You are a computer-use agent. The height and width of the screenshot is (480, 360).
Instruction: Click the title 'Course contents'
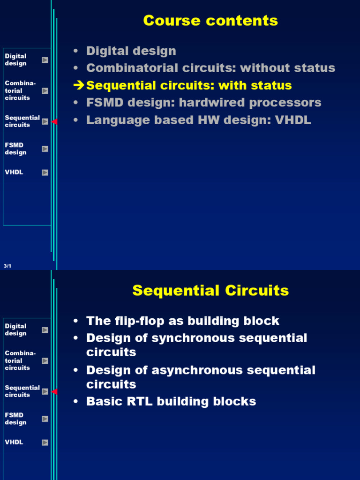coord(210,21)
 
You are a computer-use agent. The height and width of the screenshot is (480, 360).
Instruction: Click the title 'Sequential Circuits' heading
coord(210,291)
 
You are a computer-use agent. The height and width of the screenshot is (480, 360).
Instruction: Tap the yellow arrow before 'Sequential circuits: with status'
coord(79,85)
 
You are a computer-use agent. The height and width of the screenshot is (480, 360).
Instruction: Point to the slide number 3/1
coord(7,266)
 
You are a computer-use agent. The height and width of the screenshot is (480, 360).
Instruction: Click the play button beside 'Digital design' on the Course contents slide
coord(45,60)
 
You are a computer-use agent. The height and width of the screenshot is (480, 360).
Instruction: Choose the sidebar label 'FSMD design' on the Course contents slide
coord(15,149)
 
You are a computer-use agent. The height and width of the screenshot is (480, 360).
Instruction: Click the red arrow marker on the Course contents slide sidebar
coord(54,122)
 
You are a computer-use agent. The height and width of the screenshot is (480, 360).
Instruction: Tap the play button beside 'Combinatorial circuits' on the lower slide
coord(45,360)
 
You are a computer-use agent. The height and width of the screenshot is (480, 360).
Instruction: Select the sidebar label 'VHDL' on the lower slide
coord(14,442)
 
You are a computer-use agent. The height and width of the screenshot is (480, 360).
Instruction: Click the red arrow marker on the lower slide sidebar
coord(54,392)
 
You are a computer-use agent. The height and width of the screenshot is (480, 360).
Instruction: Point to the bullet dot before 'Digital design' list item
coord(75,52)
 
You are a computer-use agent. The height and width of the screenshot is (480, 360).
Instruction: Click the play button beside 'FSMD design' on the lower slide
coord(45,419)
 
